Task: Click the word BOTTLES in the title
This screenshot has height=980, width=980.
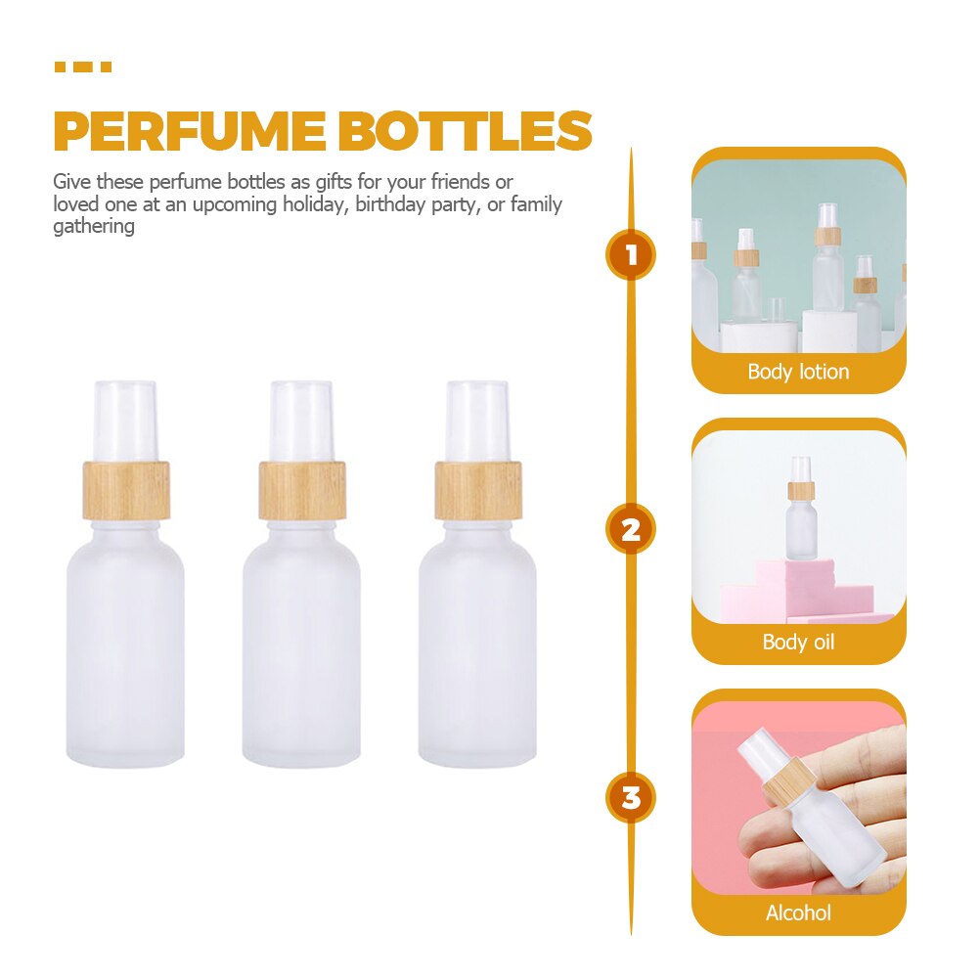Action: (x=466, y=132)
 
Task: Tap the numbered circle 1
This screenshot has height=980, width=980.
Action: (x=631, y=256)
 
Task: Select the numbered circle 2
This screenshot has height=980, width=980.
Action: (x=631, y=530)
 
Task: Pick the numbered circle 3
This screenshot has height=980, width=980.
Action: (x=631, y=797)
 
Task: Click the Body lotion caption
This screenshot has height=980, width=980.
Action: (x=798, y=372)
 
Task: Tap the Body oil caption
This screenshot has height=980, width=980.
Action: (x=798, y=643)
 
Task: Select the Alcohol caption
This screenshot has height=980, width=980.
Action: (x=798, y=913)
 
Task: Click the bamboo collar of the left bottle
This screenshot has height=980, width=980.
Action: (x=126, y=489)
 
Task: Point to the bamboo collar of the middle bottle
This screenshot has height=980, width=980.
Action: (x=302, y=489)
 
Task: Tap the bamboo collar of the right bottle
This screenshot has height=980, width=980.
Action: (x=478, y=489)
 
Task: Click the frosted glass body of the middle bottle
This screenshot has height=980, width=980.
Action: (x=302, y=646)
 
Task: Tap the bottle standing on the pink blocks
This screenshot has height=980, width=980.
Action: (x=801, y=518)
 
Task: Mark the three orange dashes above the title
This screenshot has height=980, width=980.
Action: (x=82, y=67)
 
